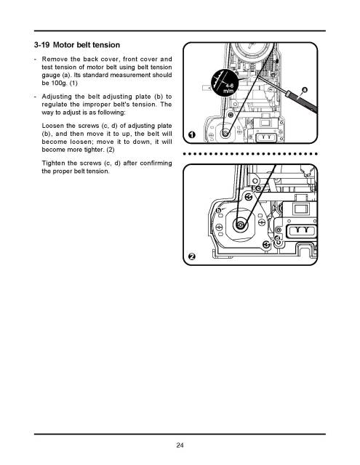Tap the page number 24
(x=179, y=445)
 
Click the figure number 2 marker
(x=191, y=256)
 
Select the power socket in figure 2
(x=300, y=231)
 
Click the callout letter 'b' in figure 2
(x=219, y=211)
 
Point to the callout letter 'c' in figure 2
(x=257, y=189)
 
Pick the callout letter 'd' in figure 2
(x=276, y=238)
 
